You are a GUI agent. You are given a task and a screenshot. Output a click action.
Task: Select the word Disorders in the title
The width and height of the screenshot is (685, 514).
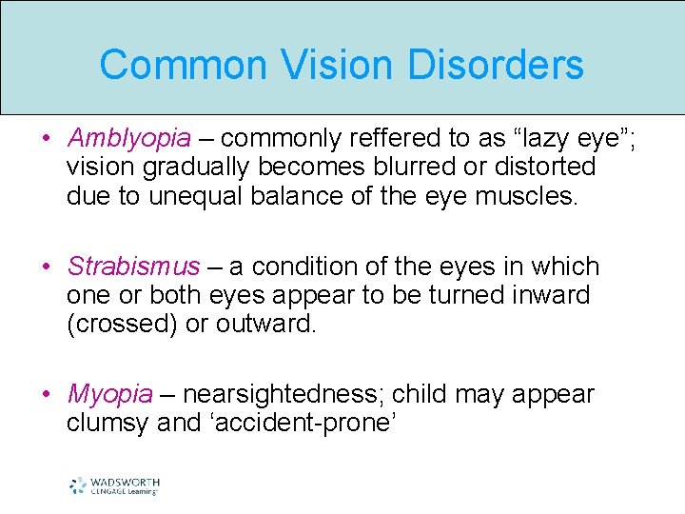point(496,65)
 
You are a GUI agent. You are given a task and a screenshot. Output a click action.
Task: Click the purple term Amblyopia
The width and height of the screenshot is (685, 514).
point(129,139)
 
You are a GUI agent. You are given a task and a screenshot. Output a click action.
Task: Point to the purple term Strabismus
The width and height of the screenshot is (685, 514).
point(134,267)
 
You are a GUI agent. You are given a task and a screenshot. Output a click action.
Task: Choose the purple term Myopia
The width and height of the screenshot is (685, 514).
point(110,394)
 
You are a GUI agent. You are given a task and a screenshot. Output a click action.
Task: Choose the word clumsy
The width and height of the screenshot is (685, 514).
point(108,423)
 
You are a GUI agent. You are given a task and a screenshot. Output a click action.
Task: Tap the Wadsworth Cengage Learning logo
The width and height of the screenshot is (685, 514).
point(114,485)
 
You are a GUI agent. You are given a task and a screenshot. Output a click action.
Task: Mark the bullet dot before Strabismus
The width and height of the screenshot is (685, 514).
point(47,267)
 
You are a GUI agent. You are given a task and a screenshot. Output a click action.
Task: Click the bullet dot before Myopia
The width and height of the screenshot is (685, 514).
point(47,394)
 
